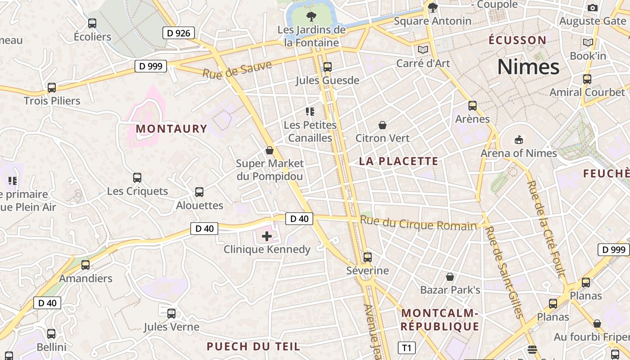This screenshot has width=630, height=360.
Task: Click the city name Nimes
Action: (x=528, y=67)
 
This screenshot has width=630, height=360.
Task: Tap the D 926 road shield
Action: (x=178, y=33)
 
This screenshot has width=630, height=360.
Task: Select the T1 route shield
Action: (x=406, y=348)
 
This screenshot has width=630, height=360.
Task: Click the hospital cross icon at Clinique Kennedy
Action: (x=267, y=236)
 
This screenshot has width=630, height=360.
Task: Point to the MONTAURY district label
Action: (x=171, y=129)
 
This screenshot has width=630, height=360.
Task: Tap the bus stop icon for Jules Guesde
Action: (x=327, y=67)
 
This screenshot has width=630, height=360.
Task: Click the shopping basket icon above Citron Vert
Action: (x=382, y=125)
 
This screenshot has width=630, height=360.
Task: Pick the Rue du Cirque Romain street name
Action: (x=418, y=223)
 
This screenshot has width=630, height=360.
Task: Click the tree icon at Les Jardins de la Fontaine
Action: (x=310, y=17)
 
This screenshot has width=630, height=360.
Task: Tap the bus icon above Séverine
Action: (x=368, y=257)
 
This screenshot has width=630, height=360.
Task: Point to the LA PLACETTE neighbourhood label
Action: (x=398, y=161)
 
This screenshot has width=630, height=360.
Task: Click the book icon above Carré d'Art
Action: (x=423, y=49)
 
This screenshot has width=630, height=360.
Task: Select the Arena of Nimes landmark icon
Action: (x=518, y=139)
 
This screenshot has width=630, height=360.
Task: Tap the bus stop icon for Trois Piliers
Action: (x=52, y=87)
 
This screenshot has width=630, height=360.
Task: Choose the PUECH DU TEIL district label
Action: (x=253, y=346)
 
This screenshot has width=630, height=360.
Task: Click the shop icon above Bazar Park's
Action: (x=450, y=276)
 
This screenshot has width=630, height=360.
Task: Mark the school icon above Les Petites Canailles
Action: (x=310, y=111)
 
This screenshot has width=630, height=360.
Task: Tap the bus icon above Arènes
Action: (x=472, y=106)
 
